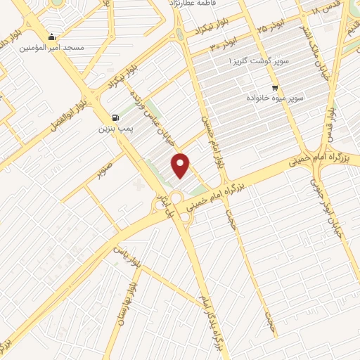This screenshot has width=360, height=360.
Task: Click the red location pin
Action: pyautogui.click(x=182, y=165)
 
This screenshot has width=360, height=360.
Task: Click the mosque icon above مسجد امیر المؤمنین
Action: pyautogui.click(x=51, y=37)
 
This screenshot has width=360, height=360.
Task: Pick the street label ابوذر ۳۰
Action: pyautogui.click(x=224, y=44)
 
